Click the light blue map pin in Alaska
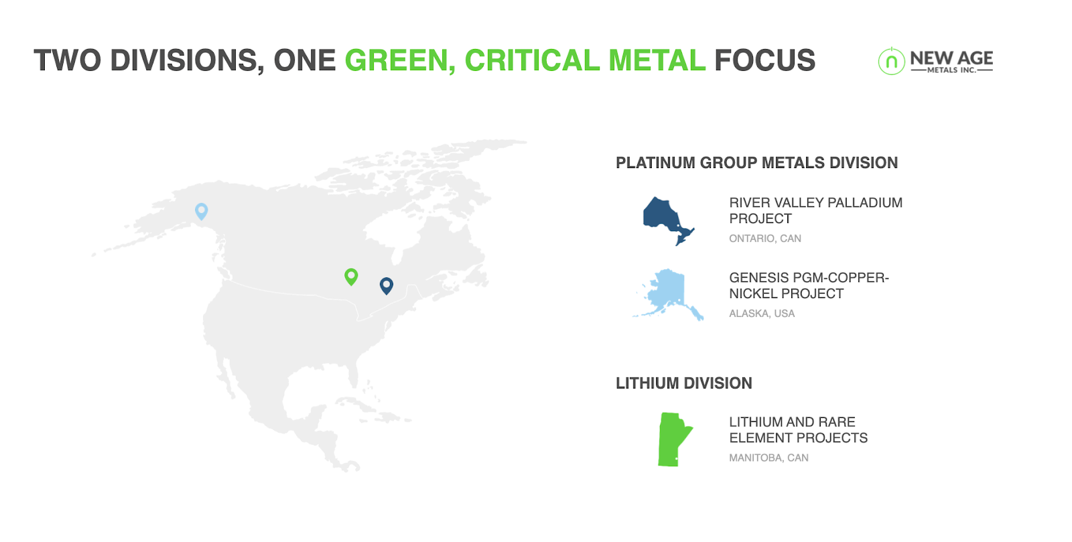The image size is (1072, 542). [202, 211]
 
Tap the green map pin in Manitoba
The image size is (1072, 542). [351, 276]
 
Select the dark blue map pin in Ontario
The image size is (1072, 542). [387, 285]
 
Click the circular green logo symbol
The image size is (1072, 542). [891, 61]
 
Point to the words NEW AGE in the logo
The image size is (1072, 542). [951, 58]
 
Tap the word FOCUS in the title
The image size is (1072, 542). [764, 60]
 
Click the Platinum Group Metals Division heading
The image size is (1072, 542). [756, 163]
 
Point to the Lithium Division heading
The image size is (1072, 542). [684, 383]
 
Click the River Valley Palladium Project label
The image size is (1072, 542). [815, 210]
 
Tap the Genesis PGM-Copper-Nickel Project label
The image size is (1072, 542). [809, 285]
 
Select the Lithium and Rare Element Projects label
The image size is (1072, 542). [798, 430]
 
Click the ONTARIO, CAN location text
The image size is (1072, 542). [764, 239]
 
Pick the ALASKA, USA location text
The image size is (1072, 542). [762, 314]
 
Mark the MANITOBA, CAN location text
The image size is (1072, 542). [768, 458]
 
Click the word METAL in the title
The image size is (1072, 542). [657, 60]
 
